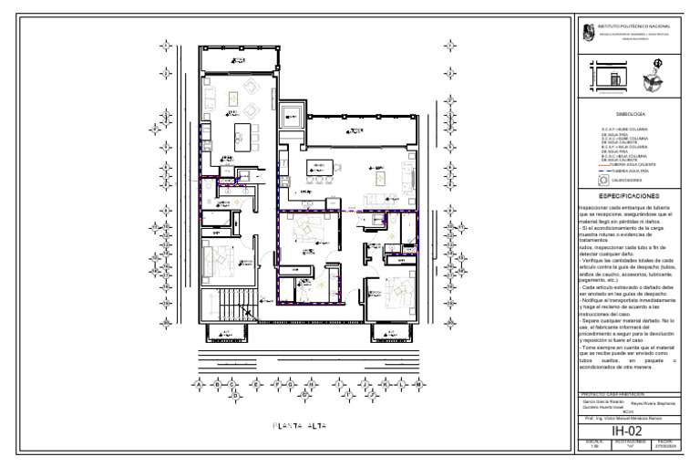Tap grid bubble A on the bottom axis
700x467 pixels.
[x=199, y=385]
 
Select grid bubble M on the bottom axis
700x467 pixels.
[x=417, y=385]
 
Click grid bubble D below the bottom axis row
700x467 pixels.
[x=233, y=397]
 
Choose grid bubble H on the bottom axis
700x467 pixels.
[x=311, y=385]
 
